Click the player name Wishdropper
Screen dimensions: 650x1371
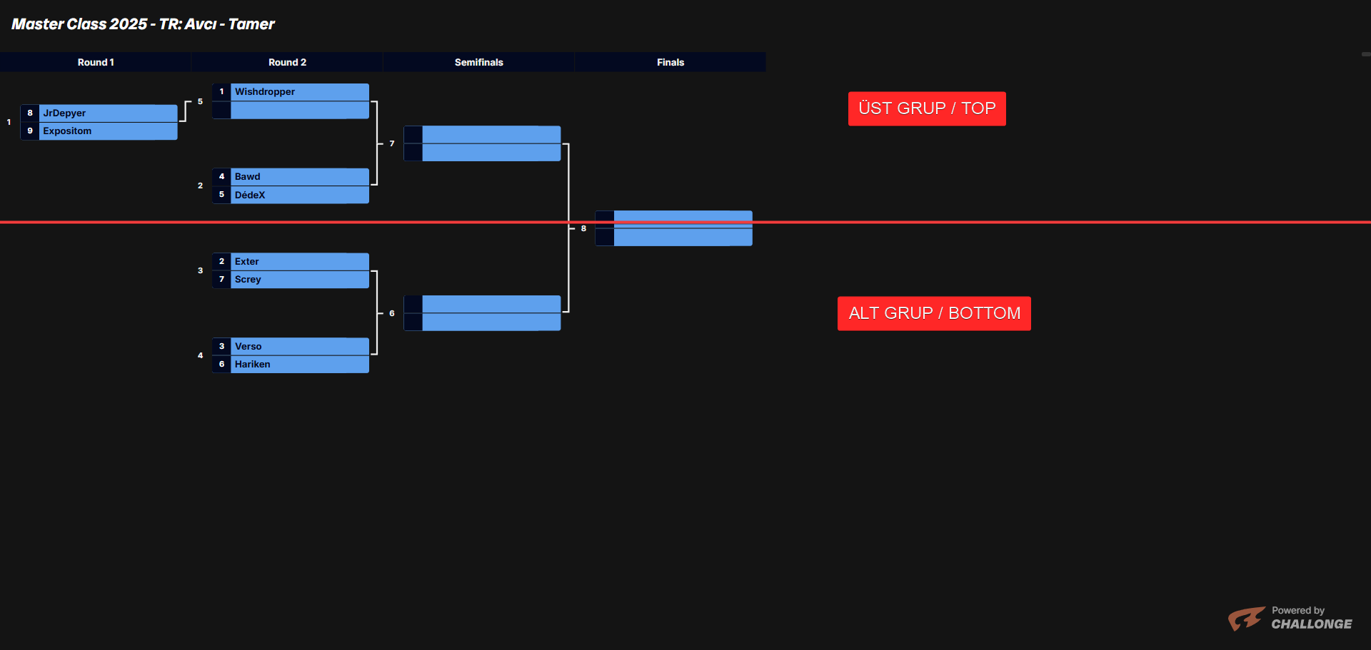(x=264, y=92)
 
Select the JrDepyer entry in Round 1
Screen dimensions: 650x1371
(x=64, y=113)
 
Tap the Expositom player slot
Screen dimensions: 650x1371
(x=67, y=131)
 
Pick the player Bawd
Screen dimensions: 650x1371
(x=247, y=177)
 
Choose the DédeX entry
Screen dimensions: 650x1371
(x=250, y=195)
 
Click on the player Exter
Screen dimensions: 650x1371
(x=246, y=262)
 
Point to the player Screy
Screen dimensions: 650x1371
(x=248, y=280)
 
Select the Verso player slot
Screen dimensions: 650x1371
(x=248, y=347)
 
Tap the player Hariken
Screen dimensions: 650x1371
(x=252, y=365)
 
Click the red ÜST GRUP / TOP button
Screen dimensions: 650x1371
(x=927, y=108)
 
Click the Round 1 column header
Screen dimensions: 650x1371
(x=96, y=63)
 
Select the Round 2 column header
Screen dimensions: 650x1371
(x=287, y=63)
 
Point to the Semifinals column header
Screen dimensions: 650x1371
(x=478, y=63)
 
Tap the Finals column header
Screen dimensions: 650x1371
(x=670, y=63)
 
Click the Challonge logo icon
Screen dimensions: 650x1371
(x=1246, y=618)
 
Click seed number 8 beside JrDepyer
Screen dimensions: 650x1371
(x=30, y=113)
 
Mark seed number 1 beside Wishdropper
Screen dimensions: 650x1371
(x=221, y=92)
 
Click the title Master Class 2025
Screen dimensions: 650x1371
(x=143, y=24)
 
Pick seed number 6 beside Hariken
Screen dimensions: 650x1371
(x=221, y=365)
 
